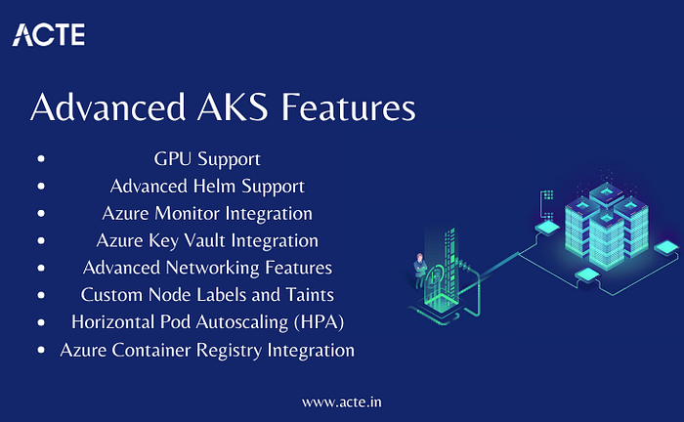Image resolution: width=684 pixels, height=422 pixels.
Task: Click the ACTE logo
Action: pyautogui.click(x=49, y=34)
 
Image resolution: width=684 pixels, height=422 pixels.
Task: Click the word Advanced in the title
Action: pyautogui.click(x=108, y=106)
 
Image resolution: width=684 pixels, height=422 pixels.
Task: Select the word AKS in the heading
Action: pyautogui.click(x=233, y=106)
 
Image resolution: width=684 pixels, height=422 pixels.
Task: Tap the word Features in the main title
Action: pyautogui.click(x=348, y=106)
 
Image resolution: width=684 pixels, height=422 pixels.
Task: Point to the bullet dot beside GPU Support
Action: pyautogui.click(x=41, y=158)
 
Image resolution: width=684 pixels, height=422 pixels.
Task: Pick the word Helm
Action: pyautogui.click(x=215, y=187)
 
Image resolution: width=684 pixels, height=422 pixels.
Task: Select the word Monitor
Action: pyautogui.click(x=188, y=214)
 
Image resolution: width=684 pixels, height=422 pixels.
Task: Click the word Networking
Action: pyautogui.click(x=212, y=268)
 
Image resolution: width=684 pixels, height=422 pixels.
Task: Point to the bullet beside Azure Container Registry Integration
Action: pyautogui.click(x=41, y=350)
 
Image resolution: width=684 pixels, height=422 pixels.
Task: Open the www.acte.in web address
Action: pyautogui.click(x=342, y=401)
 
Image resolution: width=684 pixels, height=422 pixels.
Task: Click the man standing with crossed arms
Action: pyautogui.click(x=419, y=271)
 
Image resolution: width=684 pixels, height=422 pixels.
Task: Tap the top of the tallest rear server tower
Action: pyautogui.click(x=607, y=191)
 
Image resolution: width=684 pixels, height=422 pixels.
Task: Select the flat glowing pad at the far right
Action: pyautogui.click(x=667, y=247)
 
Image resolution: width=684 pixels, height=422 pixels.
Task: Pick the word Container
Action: pyautogui.click(x=151, y=351)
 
